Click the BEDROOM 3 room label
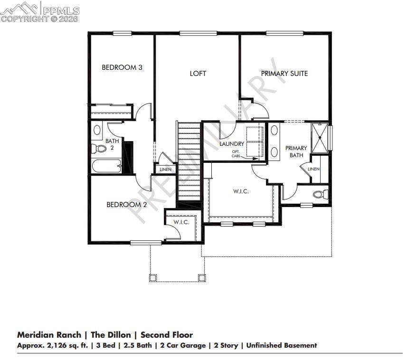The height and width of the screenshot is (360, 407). tap(122, 67)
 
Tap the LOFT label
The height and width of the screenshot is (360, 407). tap(198, 74)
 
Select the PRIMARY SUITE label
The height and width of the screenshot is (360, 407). tap(284, 74)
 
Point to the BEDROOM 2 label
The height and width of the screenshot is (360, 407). tap(126, 205)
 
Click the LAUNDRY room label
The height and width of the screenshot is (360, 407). tap(232, 144)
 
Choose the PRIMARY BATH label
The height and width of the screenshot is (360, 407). tap(296, 152)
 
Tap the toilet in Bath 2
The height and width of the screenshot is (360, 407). tap(99, 149)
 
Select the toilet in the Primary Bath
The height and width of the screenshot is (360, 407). tap(322, 194)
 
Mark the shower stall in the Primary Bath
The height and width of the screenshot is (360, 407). tap(321, 137)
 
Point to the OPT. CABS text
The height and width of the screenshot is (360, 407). tap(237, 153)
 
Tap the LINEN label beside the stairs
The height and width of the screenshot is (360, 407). tap(165, 170)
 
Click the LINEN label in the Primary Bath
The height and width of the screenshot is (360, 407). tap(313, 169)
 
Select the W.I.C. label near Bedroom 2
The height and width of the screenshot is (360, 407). tap(181, 222)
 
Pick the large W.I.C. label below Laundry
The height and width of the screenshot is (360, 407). tap(241, 191)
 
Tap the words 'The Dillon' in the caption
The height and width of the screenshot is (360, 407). tap(110, 335)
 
